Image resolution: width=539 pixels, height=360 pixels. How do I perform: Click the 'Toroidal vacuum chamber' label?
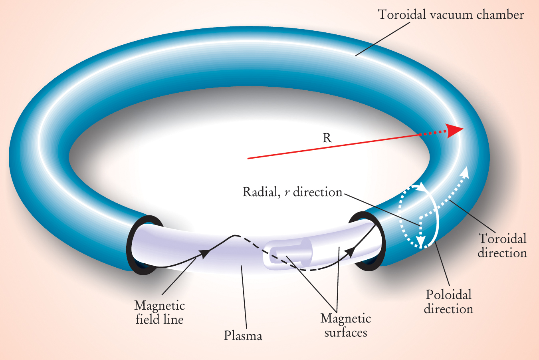[451, 15]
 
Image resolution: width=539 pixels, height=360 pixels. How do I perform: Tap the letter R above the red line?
[327, 138]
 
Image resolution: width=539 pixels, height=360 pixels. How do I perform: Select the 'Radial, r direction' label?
[292, 193]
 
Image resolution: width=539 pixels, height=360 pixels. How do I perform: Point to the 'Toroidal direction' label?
[502, 246]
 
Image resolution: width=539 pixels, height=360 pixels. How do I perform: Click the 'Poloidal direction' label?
[448, 302]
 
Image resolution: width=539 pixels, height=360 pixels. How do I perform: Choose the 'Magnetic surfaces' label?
[345, 326]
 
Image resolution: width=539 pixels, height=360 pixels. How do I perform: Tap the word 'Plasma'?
[243, 336]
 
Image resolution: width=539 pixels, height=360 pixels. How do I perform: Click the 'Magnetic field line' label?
[159, 312]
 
